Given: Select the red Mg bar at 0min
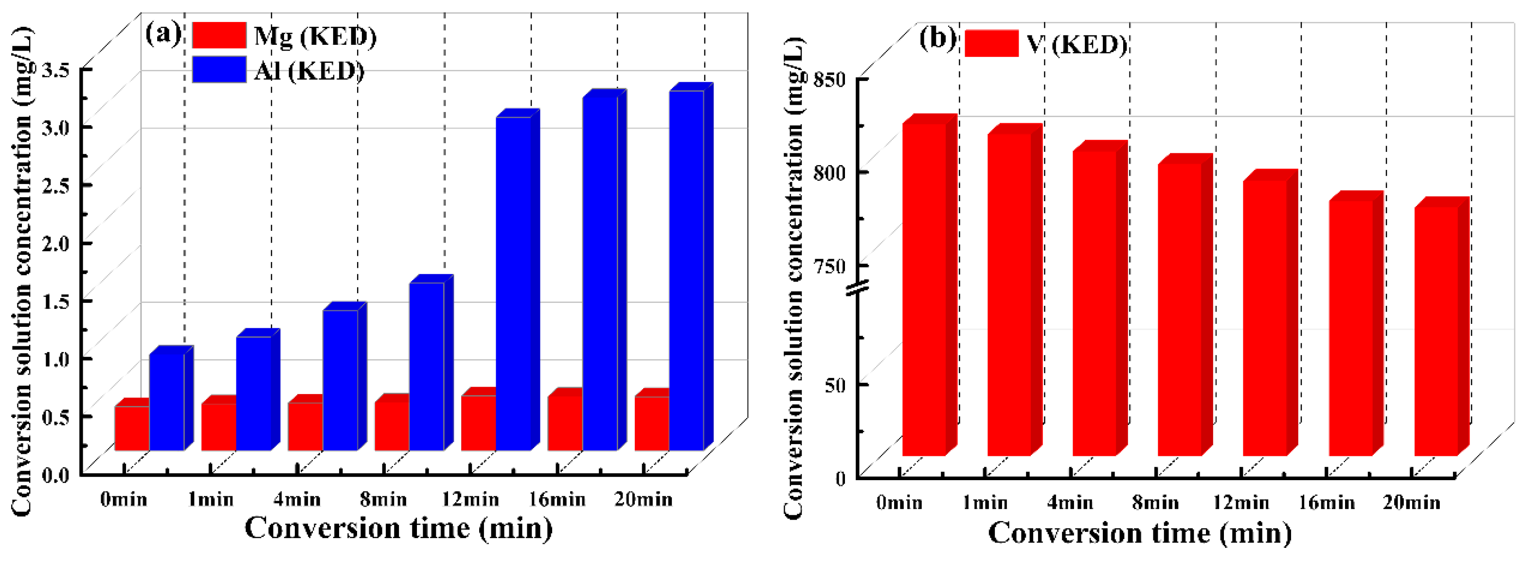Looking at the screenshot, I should (x=131, y=428).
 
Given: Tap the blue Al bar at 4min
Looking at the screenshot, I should (x=340, y=379).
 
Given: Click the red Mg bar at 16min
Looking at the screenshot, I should (x=565, y=423).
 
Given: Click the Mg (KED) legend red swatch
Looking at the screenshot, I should (x=218, y=35).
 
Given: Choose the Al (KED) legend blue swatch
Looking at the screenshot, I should (x=218, y=69).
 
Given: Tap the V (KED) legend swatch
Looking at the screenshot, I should (x=991, y=43).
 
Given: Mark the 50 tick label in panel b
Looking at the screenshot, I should (x=835, y=384).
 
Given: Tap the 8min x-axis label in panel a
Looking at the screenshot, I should (x=383, y=499).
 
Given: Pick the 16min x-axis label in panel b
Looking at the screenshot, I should (x=1327, y=503).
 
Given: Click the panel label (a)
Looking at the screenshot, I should (x=162, y=33).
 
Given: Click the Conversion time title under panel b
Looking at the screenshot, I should (x=1140, y=532).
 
